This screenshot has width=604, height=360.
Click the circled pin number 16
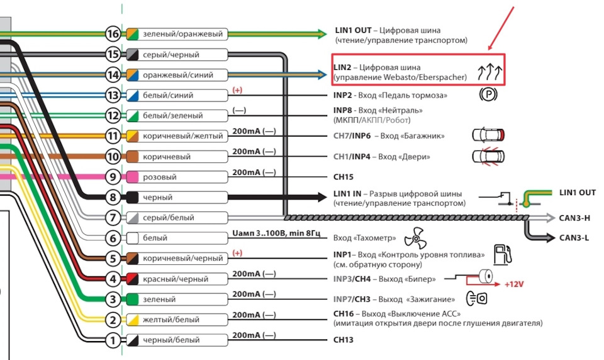coord(113,34)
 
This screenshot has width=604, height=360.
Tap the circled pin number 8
coord(113,198)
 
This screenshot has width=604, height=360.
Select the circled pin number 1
coord(113,340)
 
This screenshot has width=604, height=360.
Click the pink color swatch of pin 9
coord(133,177)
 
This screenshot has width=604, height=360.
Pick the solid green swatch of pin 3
coord(133,299)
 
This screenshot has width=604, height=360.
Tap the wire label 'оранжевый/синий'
coord(178,75)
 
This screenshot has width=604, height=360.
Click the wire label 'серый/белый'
coord(169,217)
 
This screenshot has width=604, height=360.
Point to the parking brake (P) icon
coord(488,94)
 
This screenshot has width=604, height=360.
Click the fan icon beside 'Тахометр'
coord(416,238)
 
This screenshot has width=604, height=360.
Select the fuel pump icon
coord(503,254)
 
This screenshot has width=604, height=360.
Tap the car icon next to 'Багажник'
coord(488,135)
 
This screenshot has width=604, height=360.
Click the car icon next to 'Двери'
coord(488,157)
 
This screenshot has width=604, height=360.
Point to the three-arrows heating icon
coord(490,72)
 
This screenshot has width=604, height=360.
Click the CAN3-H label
coord(574,218)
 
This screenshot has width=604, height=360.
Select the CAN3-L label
coord(574,238)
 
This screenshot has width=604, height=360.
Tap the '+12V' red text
coord(514,284)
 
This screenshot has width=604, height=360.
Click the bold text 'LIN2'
coord(342,67)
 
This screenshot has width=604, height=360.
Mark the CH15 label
coord(344,177)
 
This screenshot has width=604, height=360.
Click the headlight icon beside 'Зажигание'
coord(477,298)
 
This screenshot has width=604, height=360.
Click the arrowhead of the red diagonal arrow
coord(489,48)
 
